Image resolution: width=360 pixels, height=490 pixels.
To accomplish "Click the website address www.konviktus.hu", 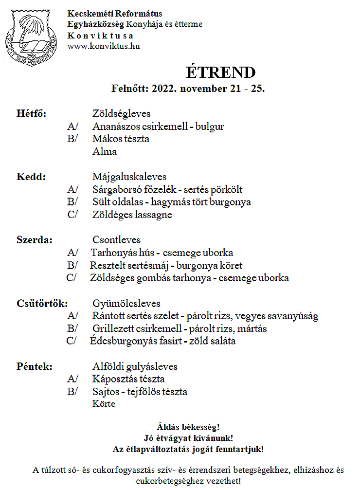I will [x=104, y=46].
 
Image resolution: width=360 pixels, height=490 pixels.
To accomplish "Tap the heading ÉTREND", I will [x=220, y=72].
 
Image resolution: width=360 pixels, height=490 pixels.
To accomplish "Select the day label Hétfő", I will [x=32, y=113].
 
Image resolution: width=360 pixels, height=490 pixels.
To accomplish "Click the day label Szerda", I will [x=35, y=240].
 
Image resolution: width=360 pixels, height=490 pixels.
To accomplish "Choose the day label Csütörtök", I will [x=41, y=303].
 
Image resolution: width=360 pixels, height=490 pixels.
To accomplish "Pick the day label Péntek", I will [x=35, y=366].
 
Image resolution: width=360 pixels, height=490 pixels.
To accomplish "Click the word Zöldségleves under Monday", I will [x=122, y=113].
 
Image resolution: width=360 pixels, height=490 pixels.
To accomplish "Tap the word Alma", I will [x=105, y=151].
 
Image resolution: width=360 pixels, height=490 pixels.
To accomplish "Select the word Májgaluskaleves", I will [x=129, y=177].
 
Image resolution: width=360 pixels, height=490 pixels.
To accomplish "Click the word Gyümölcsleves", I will [x=126, y=303].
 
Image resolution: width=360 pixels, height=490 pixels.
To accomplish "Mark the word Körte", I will [x=104, y=404].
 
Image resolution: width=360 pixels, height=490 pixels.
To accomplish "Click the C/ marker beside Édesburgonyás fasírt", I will [x=72, y=341].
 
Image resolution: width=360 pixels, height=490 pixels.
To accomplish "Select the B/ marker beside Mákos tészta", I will [x=73, y=139].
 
